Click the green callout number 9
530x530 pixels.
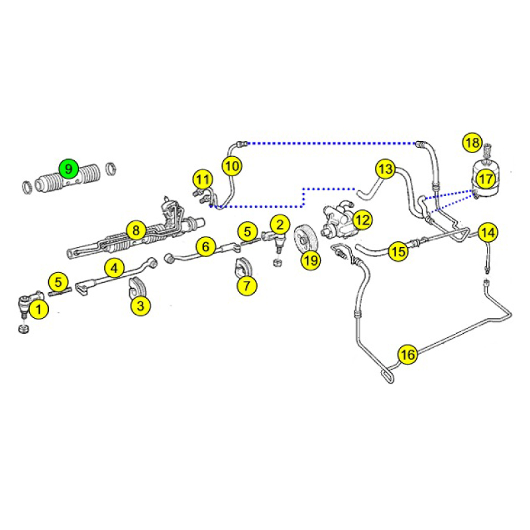69,169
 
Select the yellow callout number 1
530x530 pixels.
39,309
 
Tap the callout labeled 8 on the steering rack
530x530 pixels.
136,231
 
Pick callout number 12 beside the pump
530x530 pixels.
362,220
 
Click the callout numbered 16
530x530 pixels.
407,354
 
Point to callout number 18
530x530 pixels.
472,142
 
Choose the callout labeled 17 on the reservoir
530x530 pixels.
486,179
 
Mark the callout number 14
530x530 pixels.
488,233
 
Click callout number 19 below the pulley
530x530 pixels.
311,260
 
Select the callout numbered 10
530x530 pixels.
232,166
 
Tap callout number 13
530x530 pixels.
386,169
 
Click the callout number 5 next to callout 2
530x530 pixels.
248,232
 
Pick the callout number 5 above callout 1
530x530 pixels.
58,282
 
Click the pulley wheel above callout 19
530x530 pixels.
305,238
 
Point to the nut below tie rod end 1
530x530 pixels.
24,329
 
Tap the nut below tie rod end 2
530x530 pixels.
277,262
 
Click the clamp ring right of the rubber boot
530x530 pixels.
111,168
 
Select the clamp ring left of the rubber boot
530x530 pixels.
27,187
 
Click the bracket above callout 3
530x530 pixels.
137,290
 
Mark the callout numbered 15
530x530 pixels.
398,252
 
